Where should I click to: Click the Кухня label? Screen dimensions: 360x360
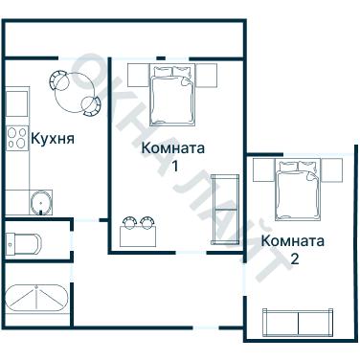pyautogui.click(x=53, y=138)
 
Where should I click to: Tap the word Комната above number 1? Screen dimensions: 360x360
pyautogui.click(x=173, y=148)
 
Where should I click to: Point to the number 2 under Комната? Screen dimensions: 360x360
pyautogui.click(x=294, y=258)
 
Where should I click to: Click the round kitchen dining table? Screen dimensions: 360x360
pyautogui.click(x=73, y=93)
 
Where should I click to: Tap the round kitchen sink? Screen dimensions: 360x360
pyautogui.click(x=41, y=202)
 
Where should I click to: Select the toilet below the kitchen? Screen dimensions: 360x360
pyautogui.click(x=23, y=240)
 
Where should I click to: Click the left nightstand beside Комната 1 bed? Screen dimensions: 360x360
pyautogui.click(x=136, y=75)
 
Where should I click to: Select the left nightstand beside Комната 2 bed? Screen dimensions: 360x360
pyautogui.click(x=261, y=170)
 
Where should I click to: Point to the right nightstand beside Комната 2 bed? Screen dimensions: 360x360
pyautogui.click(x=330, y=170)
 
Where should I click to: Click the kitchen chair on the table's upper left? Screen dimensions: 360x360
pyautogui.click(x=56, y=80)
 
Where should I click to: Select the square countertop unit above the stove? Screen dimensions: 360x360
pyautogui.click(x=16, y=102)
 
